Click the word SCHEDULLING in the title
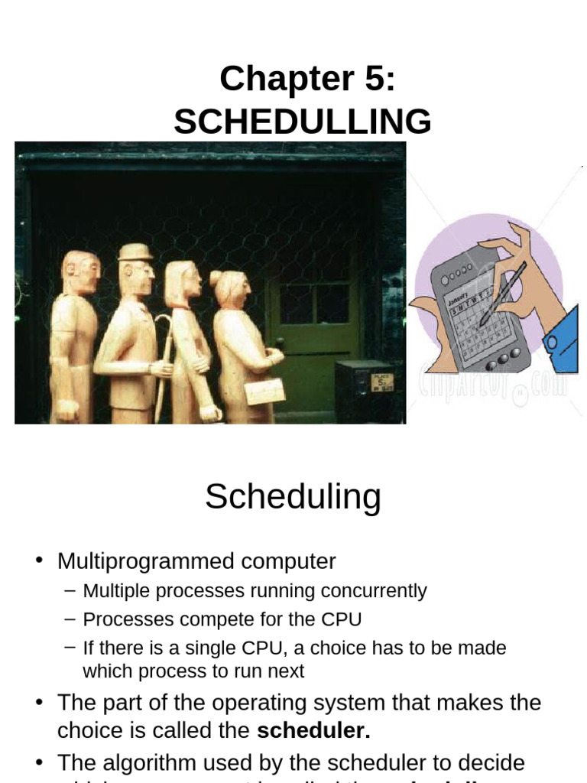click(302, 122)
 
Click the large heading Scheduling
click(293, 497)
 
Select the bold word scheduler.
click(313, 730)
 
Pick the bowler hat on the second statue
click(135, 252)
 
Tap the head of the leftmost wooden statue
click(81, 271)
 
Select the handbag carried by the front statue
click(264, 391)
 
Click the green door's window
click(314, 304)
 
